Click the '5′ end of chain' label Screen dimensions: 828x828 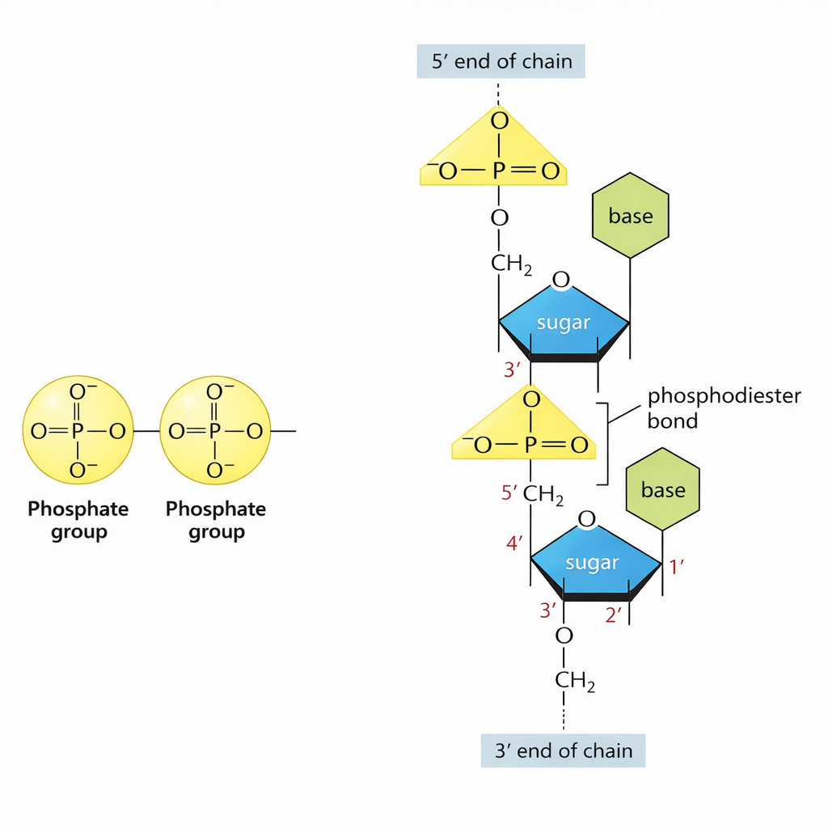501,61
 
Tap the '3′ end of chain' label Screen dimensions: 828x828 563,750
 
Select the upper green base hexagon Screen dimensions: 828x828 631,216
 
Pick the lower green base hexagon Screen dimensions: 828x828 663,490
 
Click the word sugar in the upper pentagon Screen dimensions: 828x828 564,323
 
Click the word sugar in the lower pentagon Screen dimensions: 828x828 593,563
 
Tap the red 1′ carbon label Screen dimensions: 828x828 678,568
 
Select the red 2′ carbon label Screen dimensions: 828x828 615,615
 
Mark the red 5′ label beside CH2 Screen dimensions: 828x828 509,492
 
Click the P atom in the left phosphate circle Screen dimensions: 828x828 78,431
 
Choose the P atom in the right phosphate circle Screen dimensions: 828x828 215,431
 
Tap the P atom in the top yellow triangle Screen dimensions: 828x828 499,171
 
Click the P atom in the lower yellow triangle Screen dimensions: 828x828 530,444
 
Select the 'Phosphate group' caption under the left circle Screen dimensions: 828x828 78,520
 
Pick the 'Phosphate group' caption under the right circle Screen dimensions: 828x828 216,520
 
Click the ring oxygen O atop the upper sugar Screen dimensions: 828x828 560,281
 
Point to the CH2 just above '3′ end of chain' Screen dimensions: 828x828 575,681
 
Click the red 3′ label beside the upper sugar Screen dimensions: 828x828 512,371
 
